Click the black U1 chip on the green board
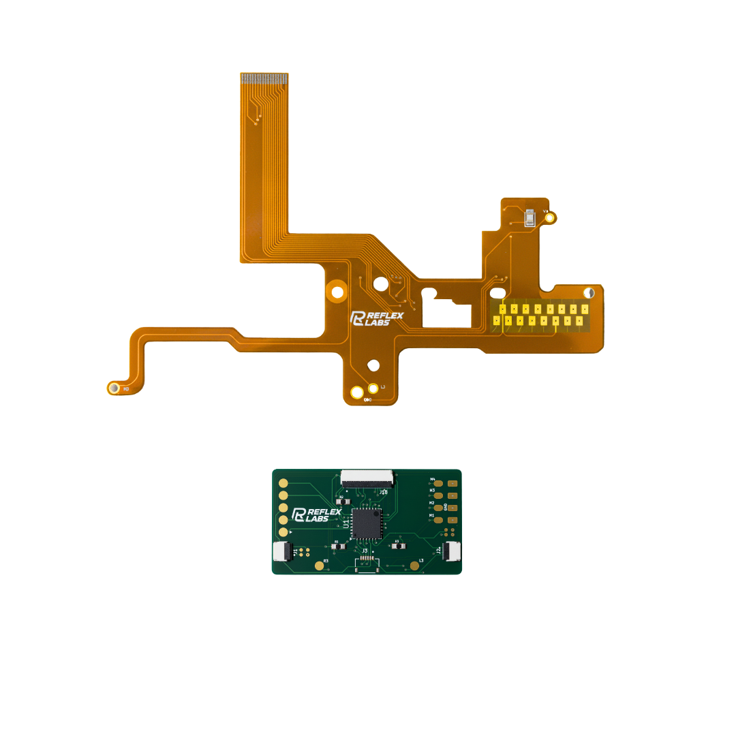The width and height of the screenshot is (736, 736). (367, 522)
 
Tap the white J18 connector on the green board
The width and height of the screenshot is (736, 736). (367, 477)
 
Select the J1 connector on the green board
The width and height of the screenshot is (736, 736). (282, 551)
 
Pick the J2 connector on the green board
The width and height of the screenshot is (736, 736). (451, 551)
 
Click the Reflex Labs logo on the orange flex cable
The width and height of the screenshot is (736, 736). (377, 318)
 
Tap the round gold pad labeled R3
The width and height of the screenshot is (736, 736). (319, 566)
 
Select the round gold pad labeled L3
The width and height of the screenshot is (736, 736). (414, 566)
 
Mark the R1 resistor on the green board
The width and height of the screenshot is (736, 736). (337, 546)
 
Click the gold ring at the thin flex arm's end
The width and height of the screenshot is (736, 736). (114, 388)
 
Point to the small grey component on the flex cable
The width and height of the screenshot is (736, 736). (531, 218)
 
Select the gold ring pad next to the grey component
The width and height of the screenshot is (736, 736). (551, 218)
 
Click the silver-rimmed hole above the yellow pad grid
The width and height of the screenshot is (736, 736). (589, 293)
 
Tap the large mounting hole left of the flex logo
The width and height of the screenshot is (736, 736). (335, 292)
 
